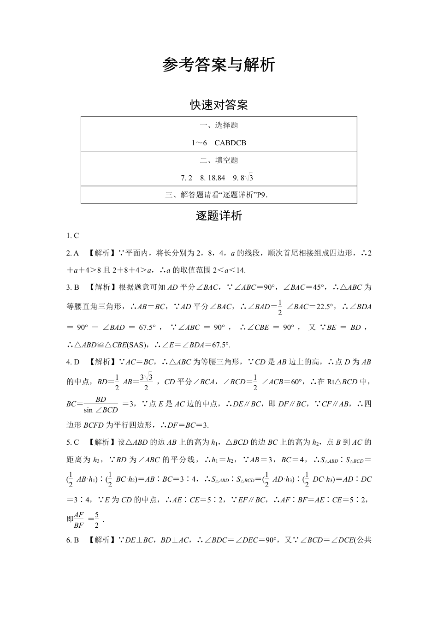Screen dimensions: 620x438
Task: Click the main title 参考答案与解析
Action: click(219, 65)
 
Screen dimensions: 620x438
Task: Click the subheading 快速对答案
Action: click(219, 105)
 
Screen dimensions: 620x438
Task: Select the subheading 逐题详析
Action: click(219, 216)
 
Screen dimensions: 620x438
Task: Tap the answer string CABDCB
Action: click(230, 143)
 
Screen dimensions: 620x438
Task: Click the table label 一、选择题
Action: click(219, 125)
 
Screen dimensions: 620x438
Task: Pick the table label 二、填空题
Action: click(219, 161)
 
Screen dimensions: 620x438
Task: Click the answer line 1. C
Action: click(73, 236)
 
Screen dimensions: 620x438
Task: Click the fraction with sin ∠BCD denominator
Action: click(101, 405)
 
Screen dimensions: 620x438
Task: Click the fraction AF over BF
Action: click(79, 520)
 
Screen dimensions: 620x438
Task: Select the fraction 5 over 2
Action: click(96, 520)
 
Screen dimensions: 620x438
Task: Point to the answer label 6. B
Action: click(73, 540)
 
